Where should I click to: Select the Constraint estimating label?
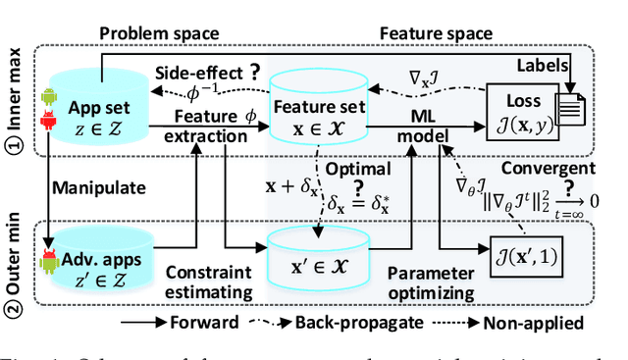click(x=208, y=279)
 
